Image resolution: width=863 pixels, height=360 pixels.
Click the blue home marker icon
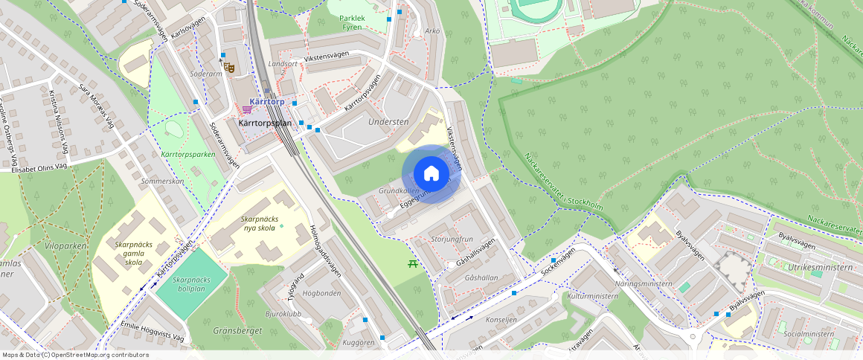pyautogui.click(x=431, y=174)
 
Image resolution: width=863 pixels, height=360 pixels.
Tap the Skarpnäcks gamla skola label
pyautogui.click(x=134, y=253)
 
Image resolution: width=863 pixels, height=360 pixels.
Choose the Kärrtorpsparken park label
pyautogui.click(x=187, y=155)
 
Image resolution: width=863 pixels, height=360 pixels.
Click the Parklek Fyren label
pyautogui.click(x=350, y=22)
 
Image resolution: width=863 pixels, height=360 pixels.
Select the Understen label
pyautogui.click(x=389, y=121)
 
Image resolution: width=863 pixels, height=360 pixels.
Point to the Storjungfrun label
pyautogui.click(x=452, y=240)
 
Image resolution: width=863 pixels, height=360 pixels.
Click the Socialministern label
pyautogui.click(x=809, y=334)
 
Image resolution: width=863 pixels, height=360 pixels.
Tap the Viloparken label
pyautogui.click(x=65, y=245)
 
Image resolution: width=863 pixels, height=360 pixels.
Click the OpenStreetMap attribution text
pyautogui.click(x=75, y=355)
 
